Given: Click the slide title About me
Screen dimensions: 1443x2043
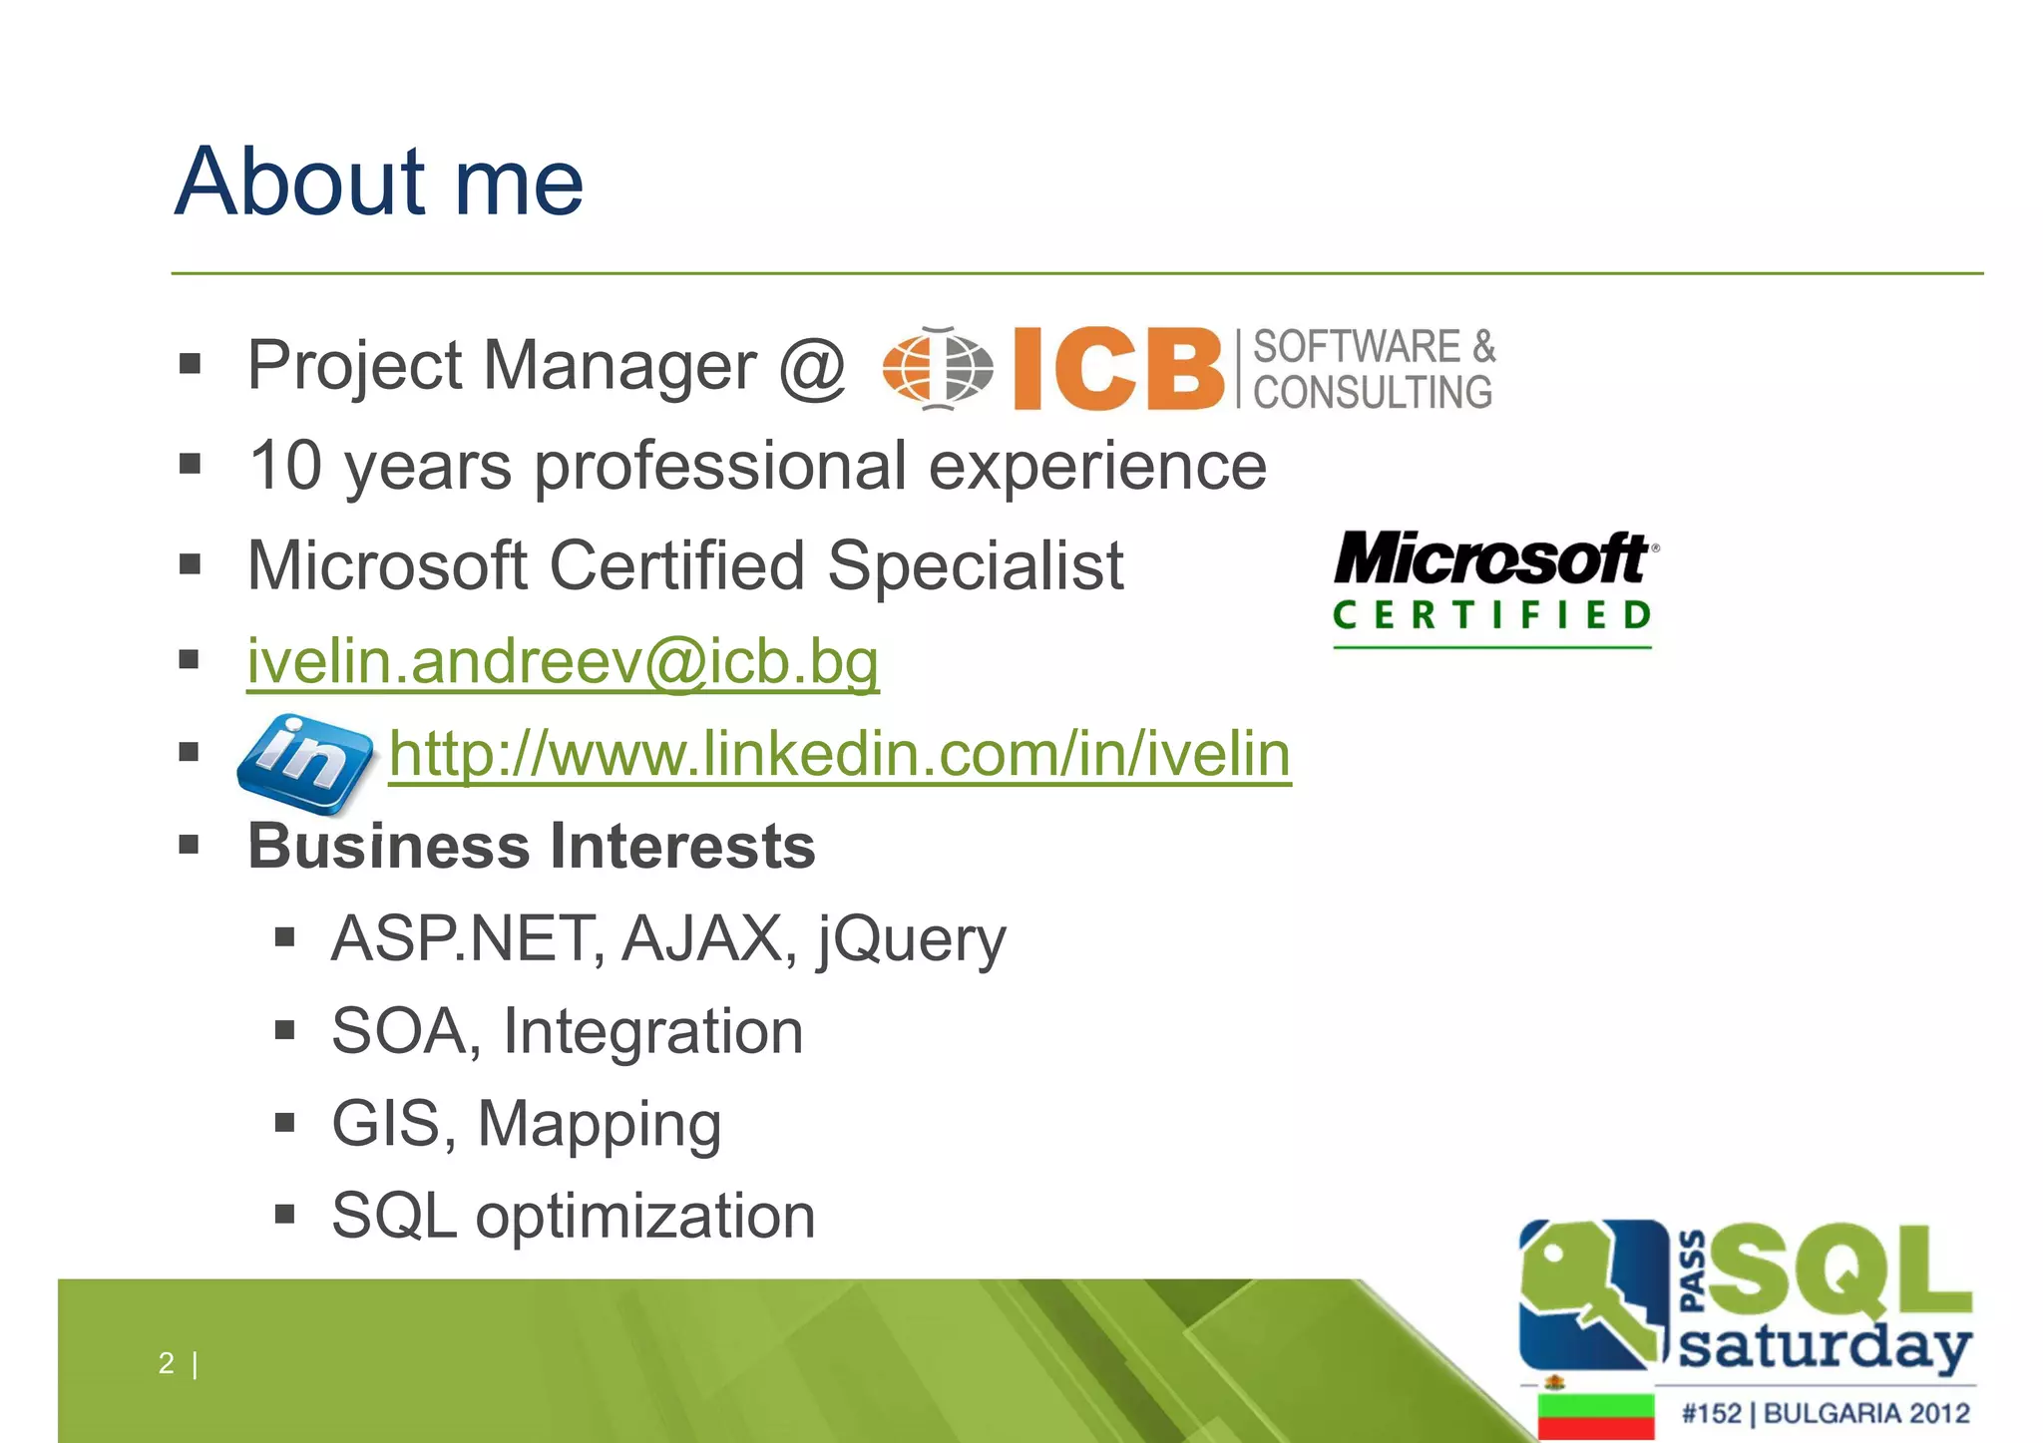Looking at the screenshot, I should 379,181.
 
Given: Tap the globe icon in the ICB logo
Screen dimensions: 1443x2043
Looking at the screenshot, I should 938,368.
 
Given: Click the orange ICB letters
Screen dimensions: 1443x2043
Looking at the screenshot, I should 1118,369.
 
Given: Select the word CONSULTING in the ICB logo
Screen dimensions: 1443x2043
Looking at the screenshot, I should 1373,392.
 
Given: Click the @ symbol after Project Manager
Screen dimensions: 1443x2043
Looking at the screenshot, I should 812,366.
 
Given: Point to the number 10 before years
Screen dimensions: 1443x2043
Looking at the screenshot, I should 285,466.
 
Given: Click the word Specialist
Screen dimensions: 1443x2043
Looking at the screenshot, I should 976,565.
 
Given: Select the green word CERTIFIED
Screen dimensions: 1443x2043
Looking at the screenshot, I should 1492,615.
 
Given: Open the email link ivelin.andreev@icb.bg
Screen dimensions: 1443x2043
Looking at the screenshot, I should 564,661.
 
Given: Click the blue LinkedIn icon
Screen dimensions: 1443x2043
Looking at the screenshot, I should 304,762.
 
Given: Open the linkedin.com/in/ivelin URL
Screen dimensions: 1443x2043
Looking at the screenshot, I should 840,754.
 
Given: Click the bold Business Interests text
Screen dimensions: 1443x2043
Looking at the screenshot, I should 532,846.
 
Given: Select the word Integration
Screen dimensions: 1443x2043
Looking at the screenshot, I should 653,1031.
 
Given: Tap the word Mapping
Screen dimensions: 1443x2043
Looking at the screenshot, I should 600,1124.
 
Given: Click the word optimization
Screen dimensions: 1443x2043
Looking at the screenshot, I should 645,1217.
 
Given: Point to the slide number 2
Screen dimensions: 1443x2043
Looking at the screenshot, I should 167,1363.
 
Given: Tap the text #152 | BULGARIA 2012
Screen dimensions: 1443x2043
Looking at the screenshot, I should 1826,1413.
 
